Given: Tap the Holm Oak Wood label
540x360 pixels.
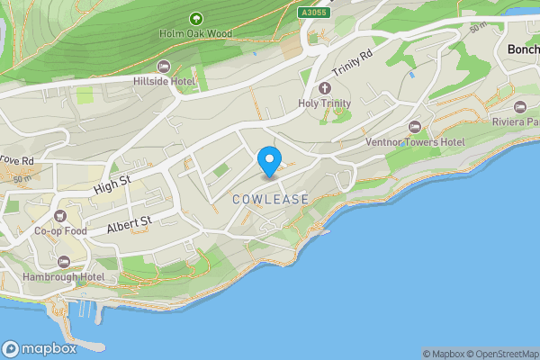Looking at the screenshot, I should (x=196, y=34).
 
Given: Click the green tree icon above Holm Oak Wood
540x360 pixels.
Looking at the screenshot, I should (x=196, y=18).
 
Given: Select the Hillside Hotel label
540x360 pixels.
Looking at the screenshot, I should (x=164, y=82).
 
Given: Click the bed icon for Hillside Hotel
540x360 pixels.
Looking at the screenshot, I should (x=164, y=67).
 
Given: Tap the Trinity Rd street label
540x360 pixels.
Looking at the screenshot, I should (x=351, y=63).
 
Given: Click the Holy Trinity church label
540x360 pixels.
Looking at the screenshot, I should (x=325, y=103).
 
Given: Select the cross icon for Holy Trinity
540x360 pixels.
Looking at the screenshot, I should (x=325, y=88).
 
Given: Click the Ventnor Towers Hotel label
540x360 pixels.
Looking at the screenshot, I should (x=414, y=142).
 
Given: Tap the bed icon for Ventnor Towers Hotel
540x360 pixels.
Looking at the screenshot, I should (x=415, y=127).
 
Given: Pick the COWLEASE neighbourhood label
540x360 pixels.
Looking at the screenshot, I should (x=270, y=199).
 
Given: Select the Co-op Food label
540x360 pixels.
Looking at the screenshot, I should (x=60, y=231).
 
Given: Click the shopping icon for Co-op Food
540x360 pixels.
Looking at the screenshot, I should (x=60, y=216).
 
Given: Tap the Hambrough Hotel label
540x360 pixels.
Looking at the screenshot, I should (x=63, y=276).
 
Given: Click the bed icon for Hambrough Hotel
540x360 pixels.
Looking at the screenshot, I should (x=63, y=261).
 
